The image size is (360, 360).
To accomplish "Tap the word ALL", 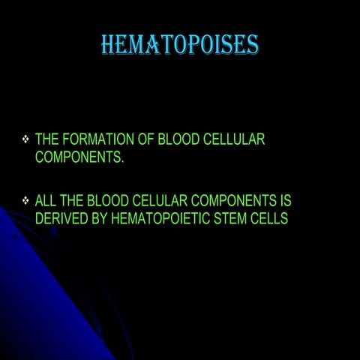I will pos(46,201).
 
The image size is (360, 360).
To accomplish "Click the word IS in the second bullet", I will pos(284,201).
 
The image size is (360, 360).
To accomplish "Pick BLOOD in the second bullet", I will pos(109,201).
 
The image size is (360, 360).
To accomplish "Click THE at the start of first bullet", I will pos(47,139).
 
